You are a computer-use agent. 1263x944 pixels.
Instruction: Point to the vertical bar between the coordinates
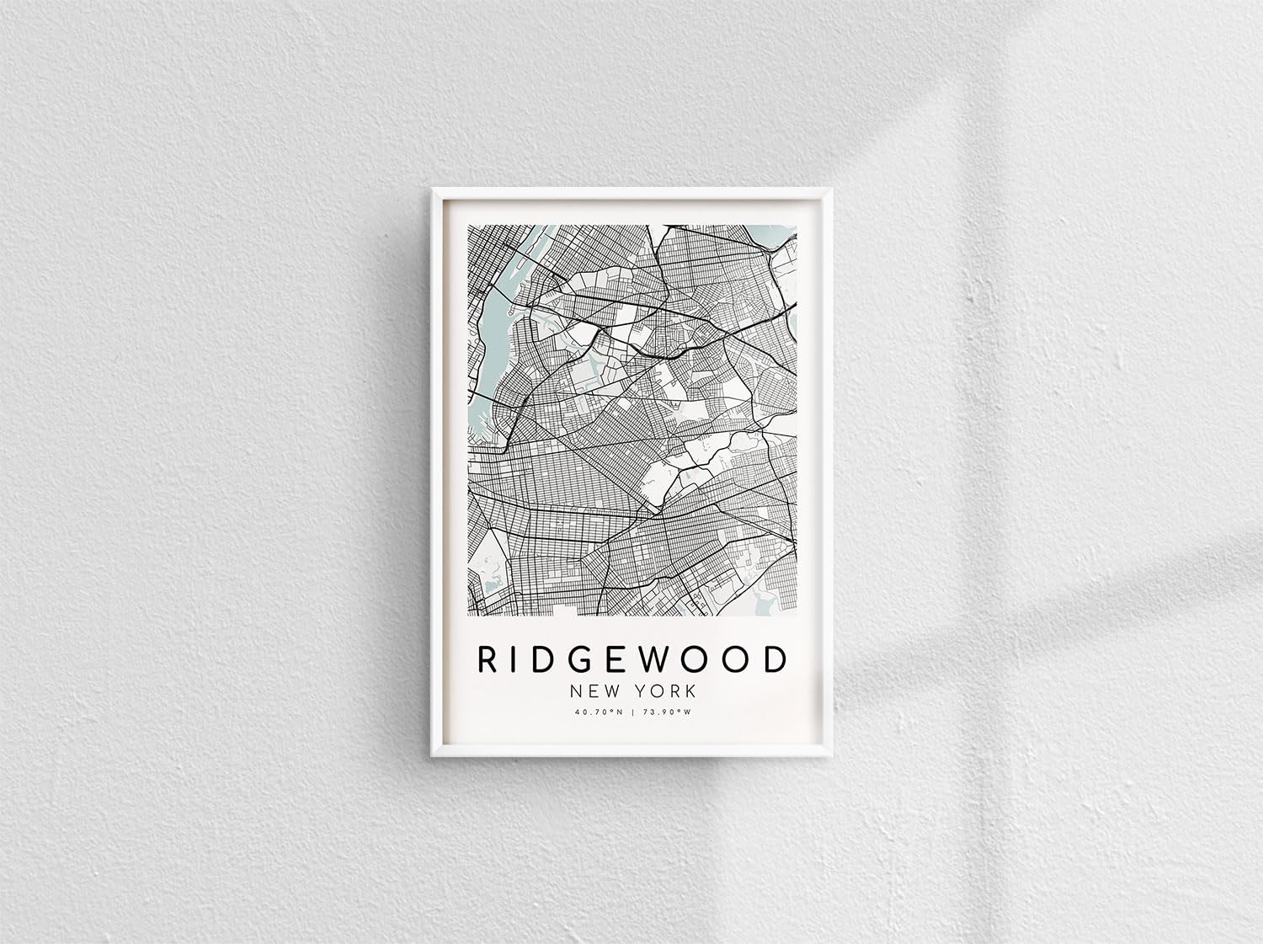pos(633,712)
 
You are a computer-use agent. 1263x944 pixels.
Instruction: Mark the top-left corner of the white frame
pos(434,189)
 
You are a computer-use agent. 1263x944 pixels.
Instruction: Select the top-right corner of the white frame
pos(830,189)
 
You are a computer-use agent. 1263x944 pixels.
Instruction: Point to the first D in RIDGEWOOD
pos(538,659)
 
